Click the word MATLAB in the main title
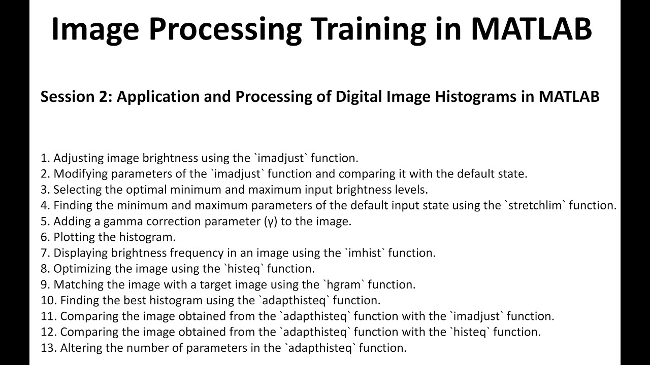[531, 28]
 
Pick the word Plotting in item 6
[74, 237]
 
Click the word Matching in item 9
[76, 284]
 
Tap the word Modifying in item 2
[78, 174]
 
